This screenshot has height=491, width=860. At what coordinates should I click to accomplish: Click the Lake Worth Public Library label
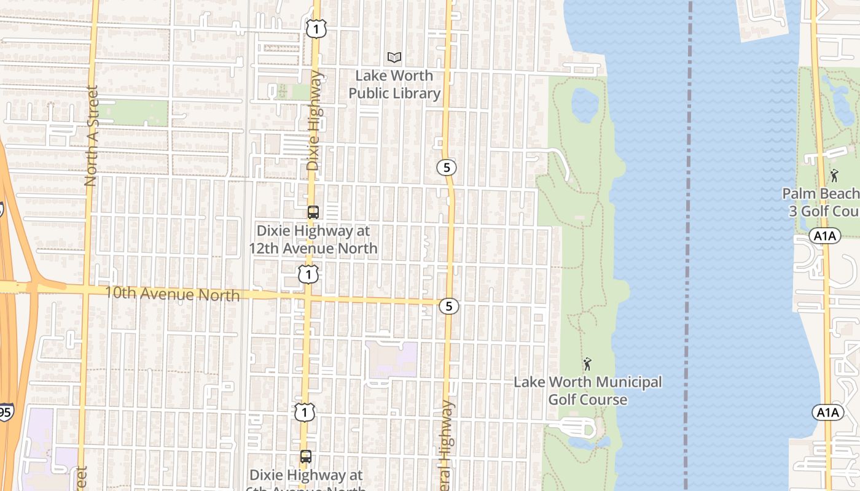pyautogui.click(x=394, y=85)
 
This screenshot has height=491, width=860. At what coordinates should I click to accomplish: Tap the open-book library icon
pyautogui.click(x=394, y=58)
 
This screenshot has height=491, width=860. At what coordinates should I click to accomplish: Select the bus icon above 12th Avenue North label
pyautogui.click(x=313, y=212)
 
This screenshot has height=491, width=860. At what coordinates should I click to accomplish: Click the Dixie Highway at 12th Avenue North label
pyautogui.click(x=313, y=239)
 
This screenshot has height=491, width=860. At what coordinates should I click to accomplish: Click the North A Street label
pyautogui.click(x=92, y=136)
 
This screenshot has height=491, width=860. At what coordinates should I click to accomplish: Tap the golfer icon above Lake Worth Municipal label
pyautogui.click(x=587, y=364)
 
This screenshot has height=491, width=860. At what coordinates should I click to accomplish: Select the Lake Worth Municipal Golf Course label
pyautogui.click(x=587, y=391)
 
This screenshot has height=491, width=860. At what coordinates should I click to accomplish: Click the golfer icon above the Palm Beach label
pyautogui.click(x=834, y=176)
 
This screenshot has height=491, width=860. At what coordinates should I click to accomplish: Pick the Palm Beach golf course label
pyautogui.click(x=821, y=203)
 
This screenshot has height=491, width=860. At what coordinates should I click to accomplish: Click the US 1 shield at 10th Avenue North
pyautogui.click(x=308, y=274)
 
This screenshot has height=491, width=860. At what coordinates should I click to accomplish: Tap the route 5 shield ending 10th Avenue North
pyautogui.click(x=449, y=306)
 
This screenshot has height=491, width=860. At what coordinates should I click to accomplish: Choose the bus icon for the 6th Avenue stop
pyautogui.click(x=306, y=457)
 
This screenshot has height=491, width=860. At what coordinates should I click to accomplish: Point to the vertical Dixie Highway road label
pyautogui.click(x=314, y=121)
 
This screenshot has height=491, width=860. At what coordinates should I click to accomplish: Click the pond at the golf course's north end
pyautogui.click(x=584, y=104)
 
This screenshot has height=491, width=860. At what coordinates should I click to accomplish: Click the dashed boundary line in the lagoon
pyautogui.click(x=689, y=245)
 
